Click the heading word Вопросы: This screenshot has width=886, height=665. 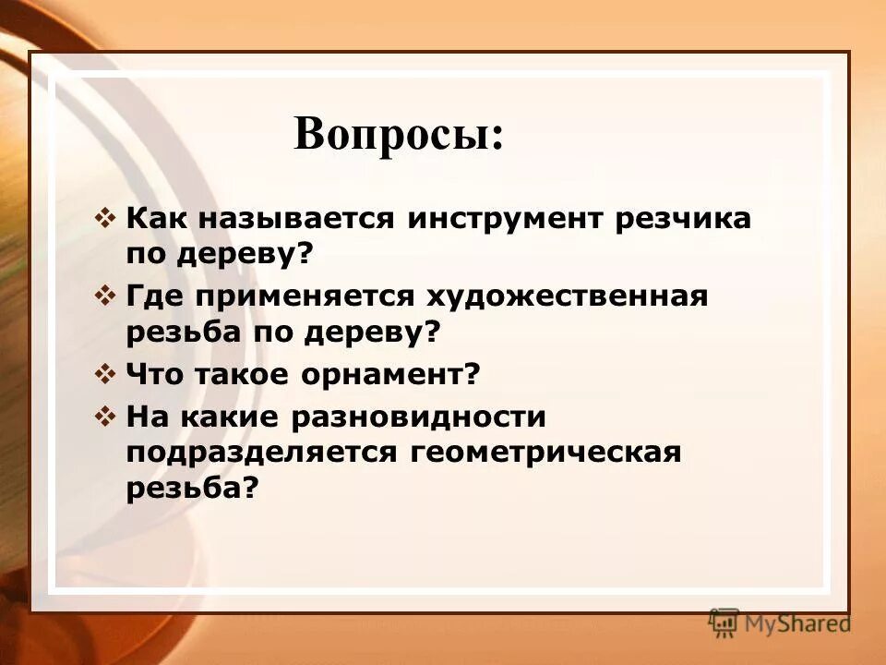[x=399, y=134]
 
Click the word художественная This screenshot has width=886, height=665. [x=566, y=297]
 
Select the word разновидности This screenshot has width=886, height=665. [x=419, y=417]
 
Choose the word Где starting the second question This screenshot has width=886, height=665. [x=151, y=297]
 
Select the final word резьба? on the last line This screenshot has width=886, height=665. [x=190, y=489]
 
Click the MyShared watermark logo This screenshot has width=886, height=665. [x=781, y=623]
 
